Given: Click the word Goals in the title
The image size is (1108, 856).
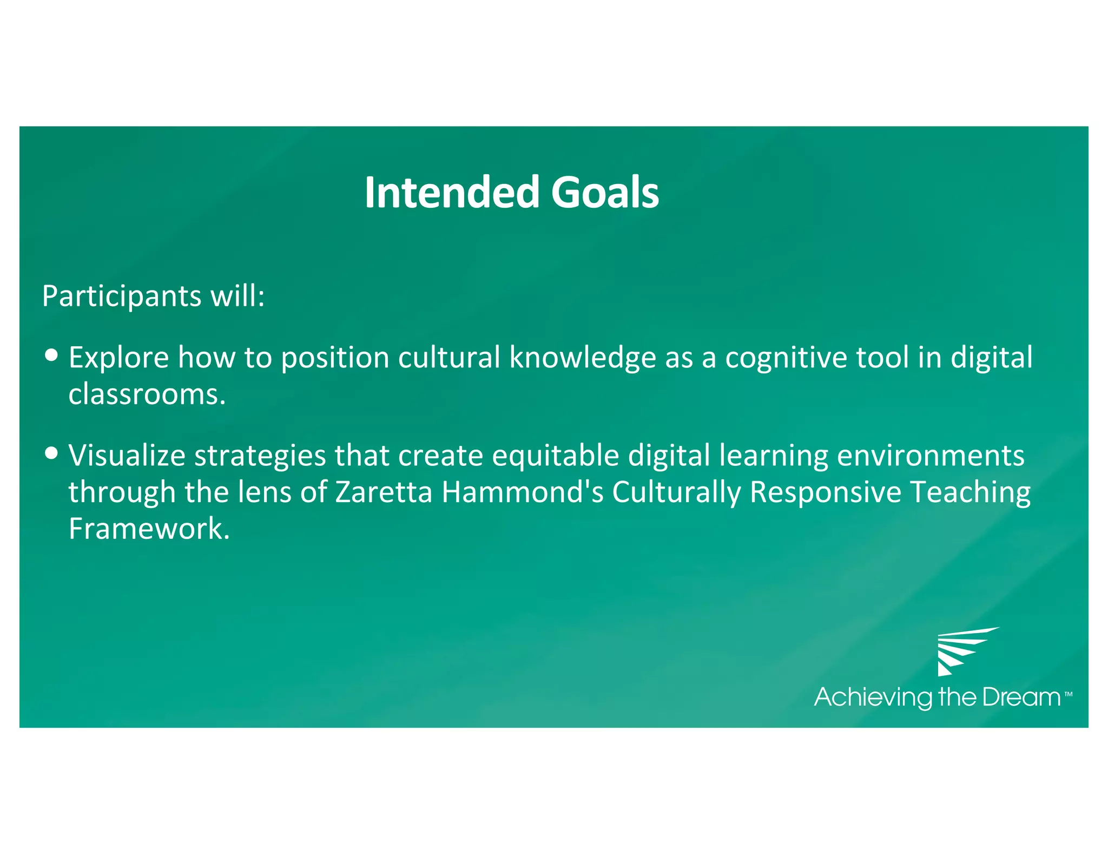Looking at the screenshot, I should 605,193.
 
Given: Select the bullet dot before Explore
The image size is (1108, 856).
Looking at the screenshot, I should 51,355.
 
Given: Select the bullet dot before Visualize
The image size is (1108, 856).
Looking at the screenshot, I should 51,452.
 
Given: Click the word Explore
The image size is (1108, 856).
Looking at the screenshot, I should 118,358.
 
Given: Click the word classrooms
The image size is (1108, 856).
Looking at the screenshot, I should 147,394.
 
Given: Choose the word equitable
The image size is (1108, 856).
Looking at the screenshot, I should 555,456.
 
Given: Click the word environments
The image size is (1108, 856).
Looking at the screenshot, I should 931,456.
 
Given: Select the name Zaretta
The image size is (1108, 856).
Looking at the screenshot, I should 384,492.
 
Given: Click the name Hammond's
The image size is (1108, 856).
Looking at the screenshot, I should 522,492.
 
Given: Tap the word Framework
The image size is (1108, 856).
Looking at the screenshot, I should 149,529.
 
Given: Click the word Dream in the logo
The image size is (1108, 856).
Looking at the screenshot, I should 1021,697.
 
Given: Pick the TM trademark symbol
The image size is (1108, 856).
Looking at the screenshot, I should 1068,693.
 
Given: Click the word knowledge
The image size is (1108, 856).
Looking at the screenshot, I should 583,358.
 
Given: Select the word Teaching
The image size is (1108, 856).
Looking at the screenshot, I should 971,492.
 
